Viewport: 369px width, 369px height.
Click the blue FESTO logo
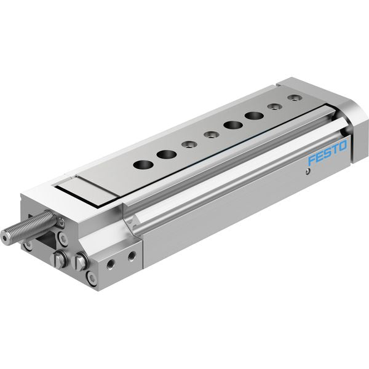tap(328, 153)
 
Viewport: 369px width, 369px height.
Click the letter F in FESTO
tap(312, 159)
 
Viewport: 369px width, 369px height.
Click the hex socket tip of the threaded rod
tap(5, 237)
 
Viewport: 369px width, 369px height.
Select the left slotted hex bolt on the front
tap(58, 259)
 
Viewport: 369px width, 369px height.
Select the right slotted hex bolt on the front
tap(81, 260)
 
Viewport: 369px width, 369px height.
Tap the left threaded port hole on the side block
tap(110, 264)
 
